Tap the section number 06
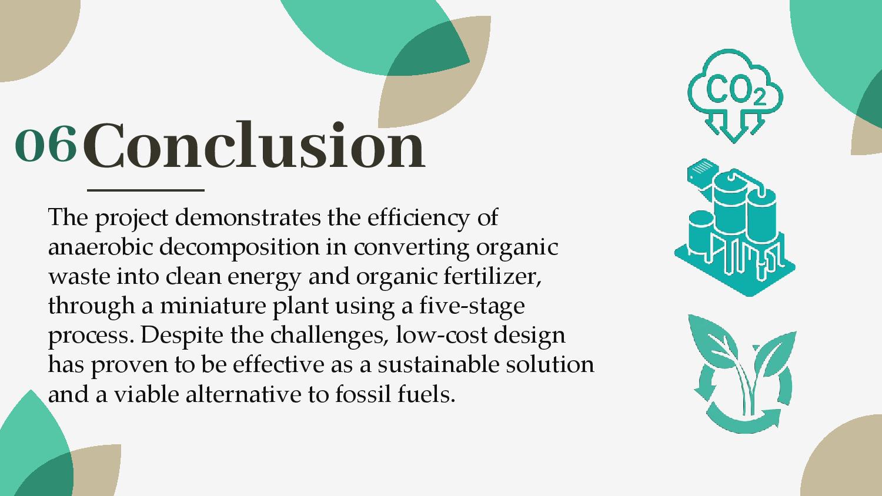[x=46, y=143]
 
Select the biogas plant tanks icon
[x=735, y=227]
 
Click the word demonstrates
[x=248, y=217]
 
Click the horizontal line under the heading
[x=146, y=190]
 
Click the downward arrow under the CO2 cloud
[x=734, y=126]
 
